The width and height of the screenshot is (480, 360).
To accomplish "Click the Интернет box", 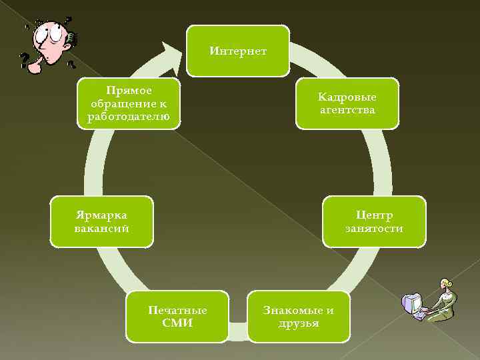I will pos(237,51).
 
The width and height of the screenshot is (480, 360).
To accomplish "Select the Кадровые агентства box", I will pos(347,103).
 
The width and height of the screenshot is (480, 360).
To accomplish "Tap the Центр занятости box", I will pos(373,221).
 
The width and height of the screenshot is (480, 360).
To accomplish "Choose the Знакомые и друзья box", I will pos(298,316).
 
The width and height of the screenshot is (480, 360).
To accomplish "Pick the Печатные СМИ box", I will pos(177,316).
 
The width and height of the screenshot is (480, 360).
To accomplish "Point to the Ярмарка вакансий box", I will pos(101,221).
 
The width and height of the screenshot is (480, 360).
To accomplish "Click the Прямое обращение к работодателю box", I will pos(129,103).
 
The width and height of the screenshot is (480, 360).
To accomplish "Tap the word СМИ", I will pos(177,323).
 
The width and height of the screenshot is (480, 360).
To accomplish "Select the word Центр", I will pos(374,215).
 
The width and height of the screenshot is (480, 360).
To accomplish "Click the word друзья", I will pos(299,323).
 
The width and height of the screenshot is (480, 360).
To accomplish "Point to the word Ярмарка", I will pos(101,215).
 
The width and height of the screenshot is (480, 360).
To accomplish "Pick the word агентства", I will pos(347,109).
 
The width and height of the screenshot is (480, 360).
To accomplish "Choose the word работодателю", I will pos(129,117).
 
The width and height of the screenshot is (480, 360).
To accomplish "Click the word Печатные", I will pos(177,310).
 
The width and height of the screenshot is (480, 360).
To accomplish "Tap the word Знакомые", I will pos(298,310).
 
